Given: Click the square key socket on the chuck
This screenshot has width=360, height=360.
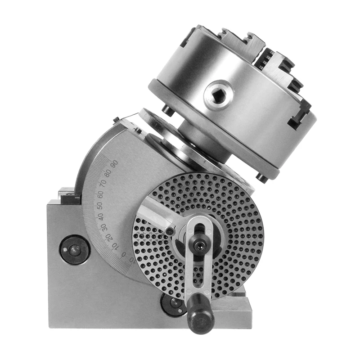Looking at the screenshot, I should point(219,94).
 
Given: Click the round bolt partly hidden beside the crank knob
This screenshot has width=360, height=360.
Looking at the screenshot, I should point(173,304).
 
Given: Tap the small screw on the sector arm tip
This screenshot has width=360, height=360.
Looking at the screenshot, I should point(170,231).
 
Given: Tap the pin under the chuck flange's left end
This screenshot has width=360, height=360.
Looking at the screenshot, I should point(167,110).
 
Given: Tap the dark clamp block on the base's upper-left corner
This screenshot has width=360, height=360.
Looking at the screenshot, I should point(68,194).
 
